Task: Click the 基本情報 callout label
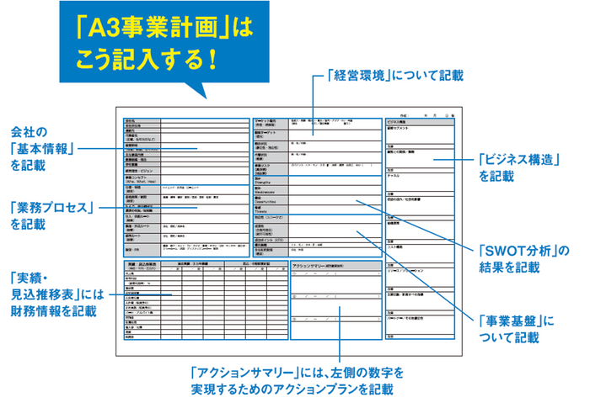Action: (x=44, y=149)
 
